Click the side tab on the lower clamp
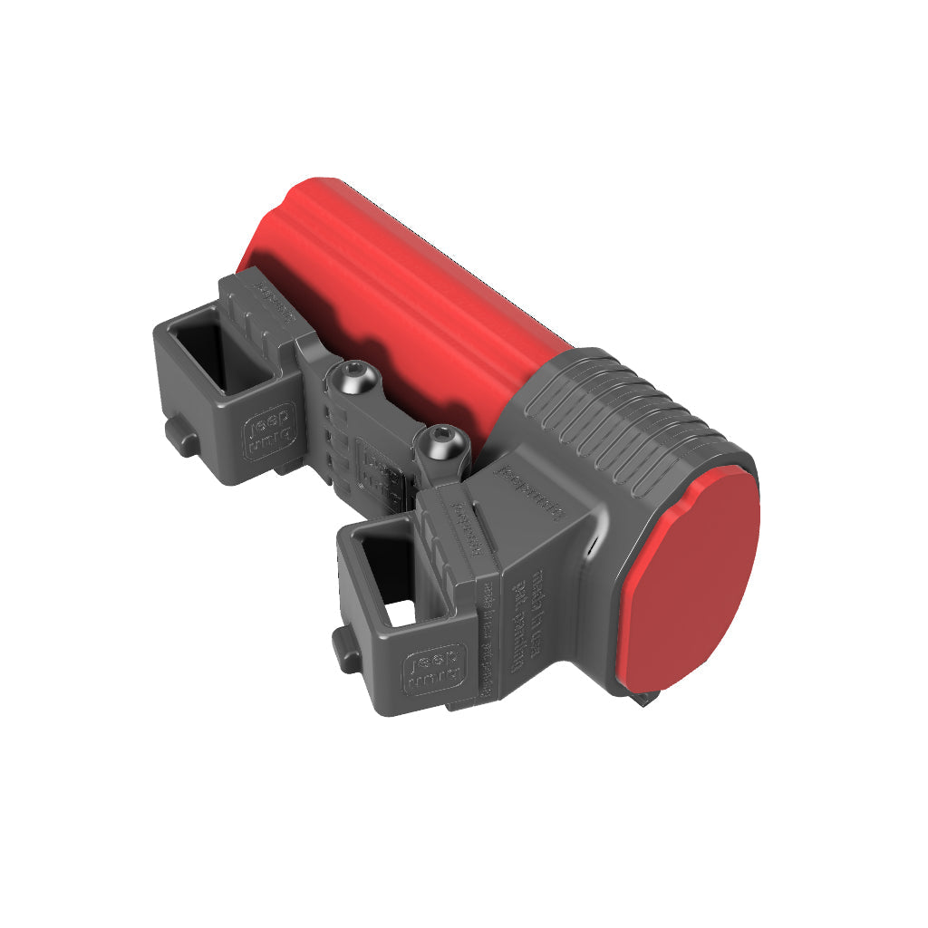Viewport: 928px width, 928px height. tap(344, 649)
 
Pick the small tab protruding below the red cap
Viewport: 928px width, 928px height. tap(646, 698)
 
